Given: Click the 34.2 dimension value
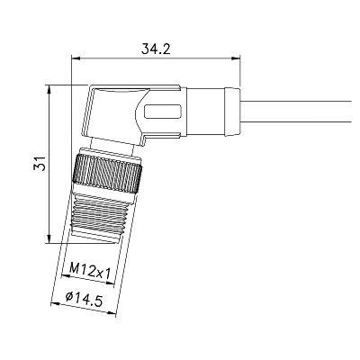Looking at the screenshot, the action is click(x=156, y=49).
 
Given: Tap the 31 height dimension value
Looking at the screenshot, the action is click(x=40, y=164).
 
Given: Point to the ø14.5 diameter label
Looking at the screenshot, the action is click(x=84, y=299).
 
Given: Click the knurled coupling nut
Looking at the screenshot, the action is click(x=106, y=174).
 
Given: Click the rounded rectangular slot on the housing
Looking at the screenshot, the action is click(x=163, y=112).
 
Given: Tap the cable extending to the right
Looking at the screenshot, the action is click(x=295, y=112).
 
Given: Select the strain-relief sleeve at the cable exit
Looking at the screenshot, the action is click(x=232, y=112).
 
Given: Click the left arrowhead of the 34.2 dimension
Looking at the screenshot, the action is click(x=76, y=58).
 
